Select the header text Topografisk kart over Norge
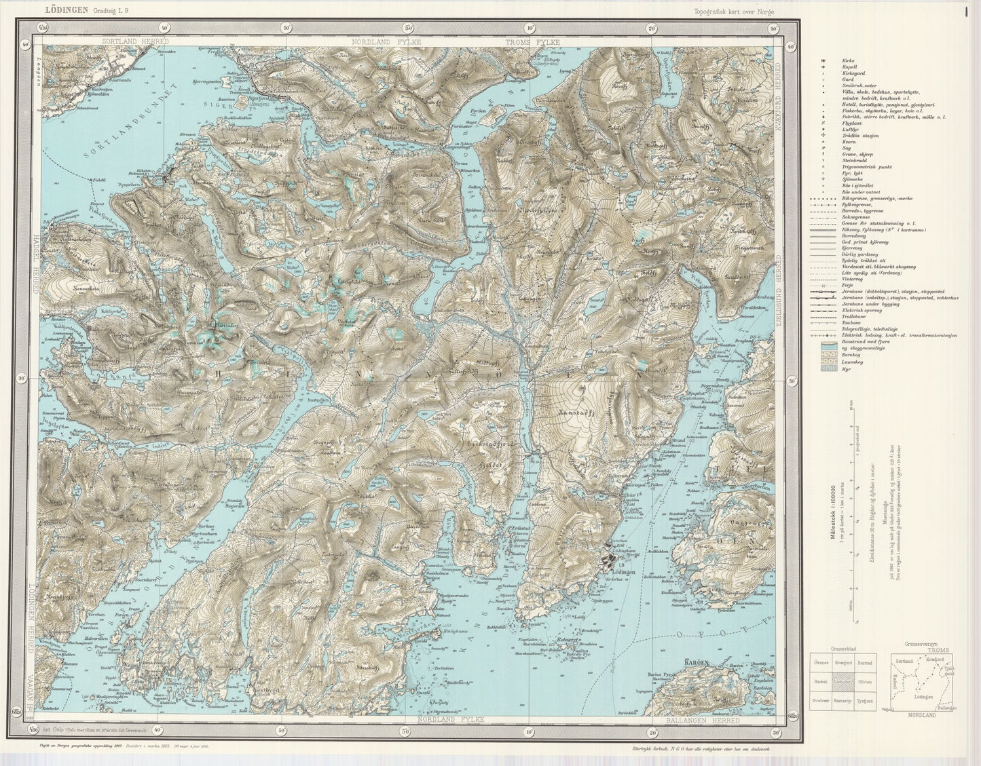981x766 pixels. click(733, 10)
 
